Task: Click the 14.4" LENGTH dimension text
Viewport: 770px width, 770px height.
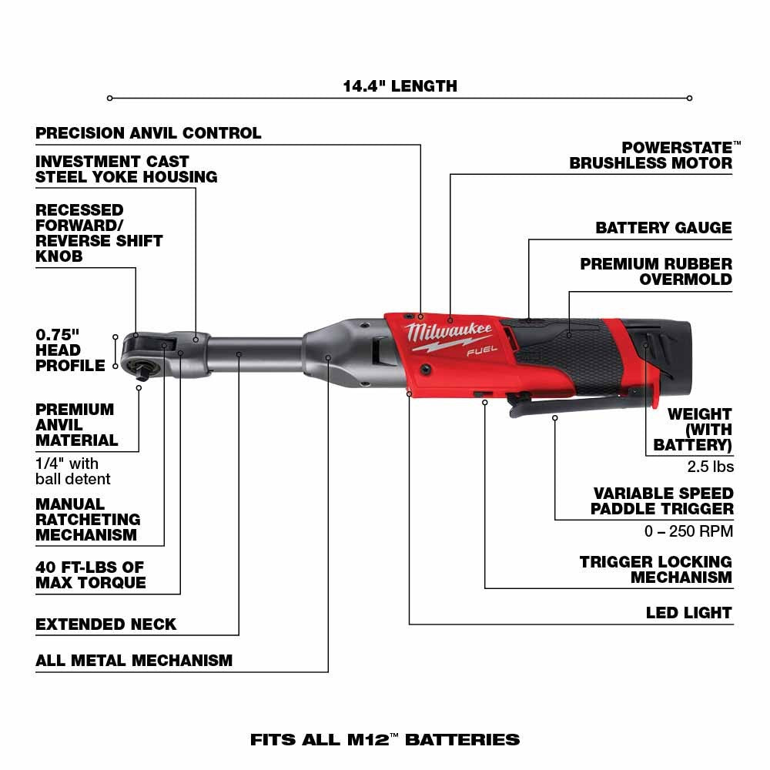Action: pos(400,86)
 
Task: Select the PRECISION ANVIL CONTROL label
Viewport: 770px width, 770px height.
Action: pos(149,133)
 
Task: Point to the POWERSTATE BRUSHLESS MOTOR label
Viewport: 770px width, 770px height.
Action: pos(651,155)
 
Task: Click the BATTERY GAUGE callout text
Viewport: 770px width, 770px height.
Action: pos(664,228)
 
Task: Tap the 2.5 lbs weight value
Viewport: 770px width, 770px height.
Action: pos(710,467)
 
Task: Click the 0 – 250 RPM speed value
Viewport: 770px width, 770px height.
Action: pos(688,531)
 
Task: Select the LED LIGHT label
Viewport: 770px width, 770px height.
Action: pos(688,613)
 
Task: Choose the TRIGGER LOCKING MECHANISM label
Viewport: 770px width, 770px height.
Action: pos(656,570)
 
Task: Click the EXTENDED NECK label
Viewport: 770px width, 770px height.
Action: pos(106,624)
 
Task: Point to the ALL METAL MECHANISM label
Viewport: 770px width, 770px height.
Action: pos(134,661)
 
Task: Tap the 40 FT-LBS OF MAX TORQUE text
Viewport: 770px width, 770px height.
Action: pos(90,575)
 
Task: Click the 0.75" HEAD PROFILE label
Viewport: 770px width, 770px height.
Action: pos(69,350)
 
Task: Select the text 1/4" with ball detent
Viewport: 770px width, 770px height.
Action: pos(73,471)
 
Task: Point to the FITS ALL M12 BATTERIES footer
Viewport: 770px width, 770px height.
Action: pos(385,740)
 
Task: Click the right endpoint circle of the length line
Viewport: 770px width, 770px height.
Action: pos(689,98)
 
